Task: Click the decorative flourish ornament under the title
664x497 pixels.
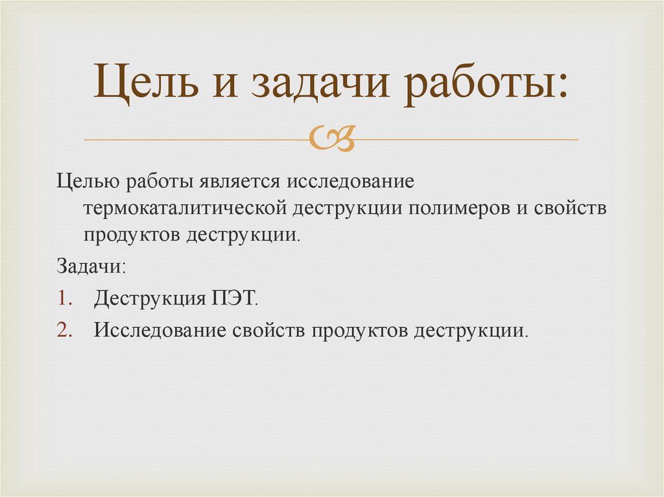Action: (332, 139)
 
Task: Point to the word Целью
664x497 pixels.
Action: (87, 182)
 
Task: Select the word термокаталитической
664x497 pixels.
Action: (185, 208)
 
